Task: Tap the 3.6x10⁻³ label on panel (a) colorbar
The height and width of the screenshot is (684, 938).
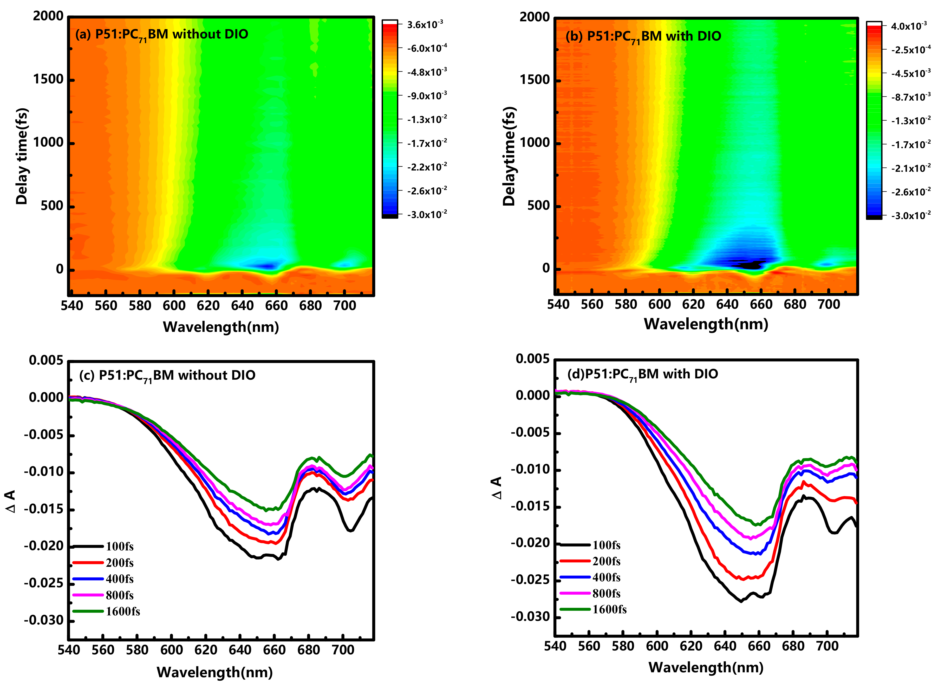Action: click(x=425, y=25)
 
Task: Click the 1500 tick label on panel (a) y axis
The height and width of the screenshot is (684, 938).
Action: click(x=48, y=80)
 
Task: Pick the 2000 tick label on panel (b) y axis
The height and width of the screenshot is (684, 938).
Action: click(x=534, y=17)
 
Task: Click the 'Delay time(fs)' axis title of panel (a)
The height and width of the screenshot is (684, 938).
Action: click(x=22, y=156)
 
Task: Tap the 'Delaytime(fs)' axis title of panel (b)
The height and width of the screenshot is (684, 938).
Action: click(x=509, y=156)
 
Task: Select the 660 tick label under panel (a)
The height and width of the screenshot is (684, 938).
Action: click(x=276, y=306)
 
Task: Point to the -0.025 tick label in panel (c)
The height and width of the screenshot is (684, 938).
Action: click(x=43, y=583)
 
